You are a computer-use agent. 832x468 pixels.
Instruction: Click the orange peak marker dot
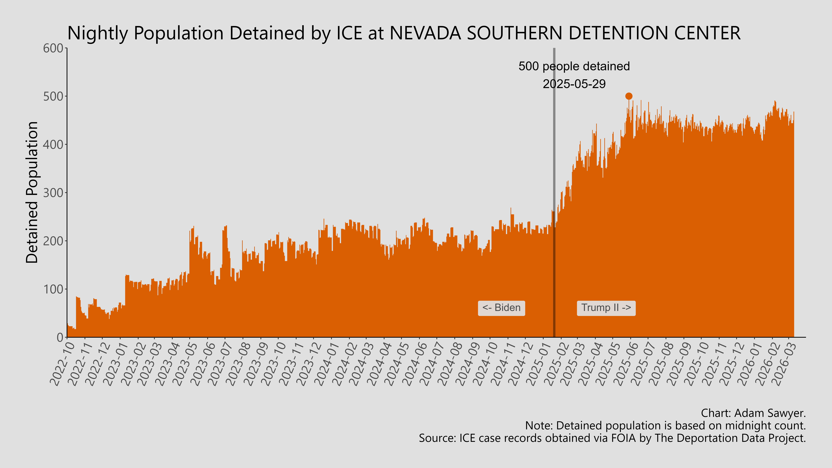pyautogui.click(x=629, y=96)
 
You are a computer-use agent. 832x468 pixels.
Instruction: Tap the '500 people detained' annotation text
pyautogui.click(x=574, y=66)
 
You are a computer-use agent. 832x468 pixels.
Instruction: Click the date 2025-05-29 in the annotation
pyautogui.click(x=574, y=84)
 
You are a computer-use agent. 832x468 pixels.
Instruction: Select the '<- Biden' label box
pyautogui.click(x=501, y=308)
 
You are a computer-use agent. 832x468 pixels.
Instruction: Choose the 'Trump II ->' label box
pyautogui.click(x=606, y=308)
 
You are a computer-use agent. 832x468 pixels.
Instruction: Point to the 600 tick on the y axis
pyautogui.click(x=53, y=48)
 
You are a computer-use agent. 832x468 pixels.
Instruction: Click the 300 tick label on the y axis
pyautogui.click(x=53, y=193)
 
